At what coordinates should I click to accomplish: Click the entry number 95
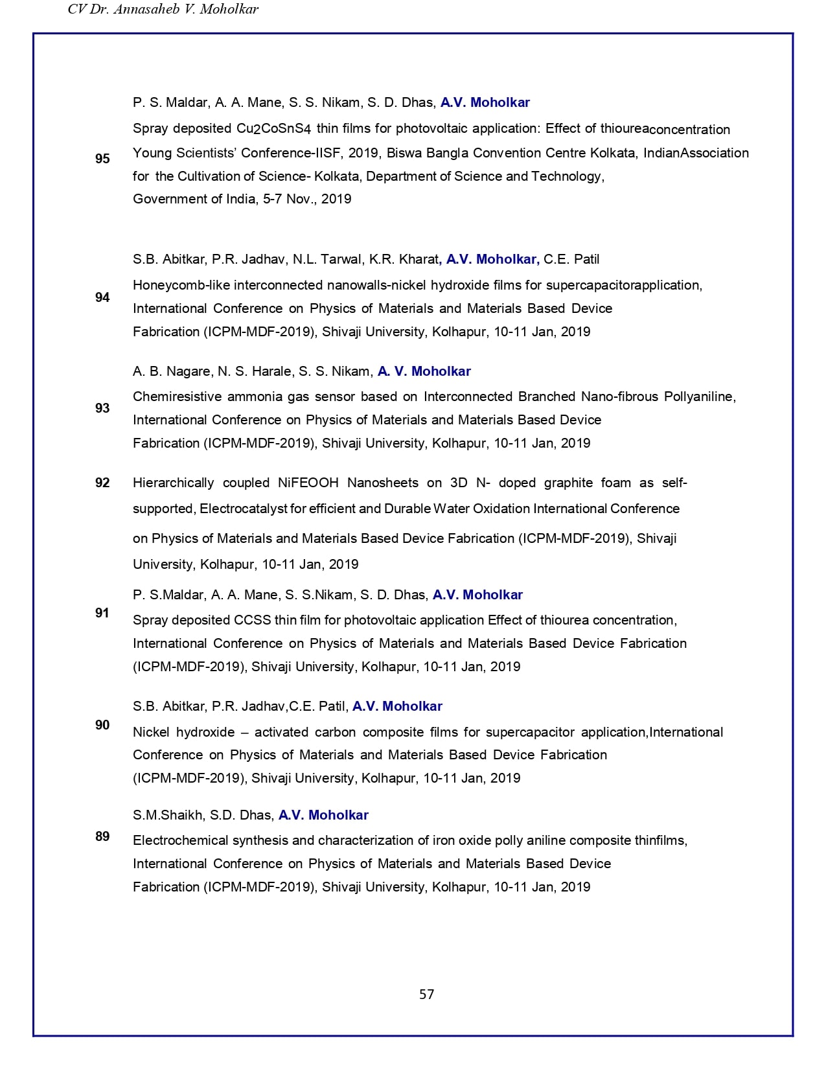[x=102, y=159]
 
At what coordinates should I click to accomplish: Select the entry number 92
[x=102, y=483]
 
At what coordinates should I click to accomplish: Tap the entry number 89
[x=102, y=836]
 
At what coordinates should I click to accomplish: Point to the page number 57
[x=426, y=994]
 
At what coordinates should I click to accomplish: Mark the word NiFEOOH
[x=308, y=483]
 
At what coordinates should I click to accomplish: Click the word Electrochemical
[x=177, y=840]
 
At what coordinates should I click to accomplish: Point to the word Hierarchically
[x=173, y=483]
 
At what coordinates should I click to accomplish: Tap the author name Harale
[x=269, y=371]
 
